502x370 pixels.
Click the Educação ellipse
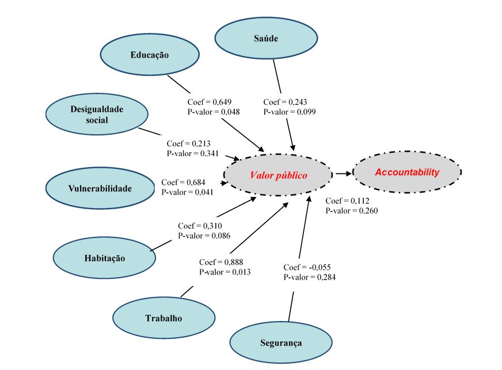pyautogui.click(x=150, y=55)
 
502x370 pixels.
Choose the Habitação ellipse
pyautogui.click(x=104, y=258)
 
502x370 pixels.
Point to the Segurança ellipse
pyautogui.click(x=281, y=343)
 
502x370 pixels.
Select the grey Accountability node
pyautogui.click(x=406, y=172)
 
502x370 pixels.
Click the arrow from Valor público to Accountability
pyautogui.click(x=342, y=173)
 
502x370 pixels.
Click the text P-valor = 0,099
pyautogui.click(x=290, y=111)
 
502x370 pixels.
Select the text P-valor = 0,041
pyautogui.click(x=187, y=191)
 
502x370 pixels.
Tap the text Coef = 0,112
pyautogui.click(x=347, y=201)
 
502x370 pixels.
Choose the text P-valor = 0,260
pyautogui.click(x=352, y=210)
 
